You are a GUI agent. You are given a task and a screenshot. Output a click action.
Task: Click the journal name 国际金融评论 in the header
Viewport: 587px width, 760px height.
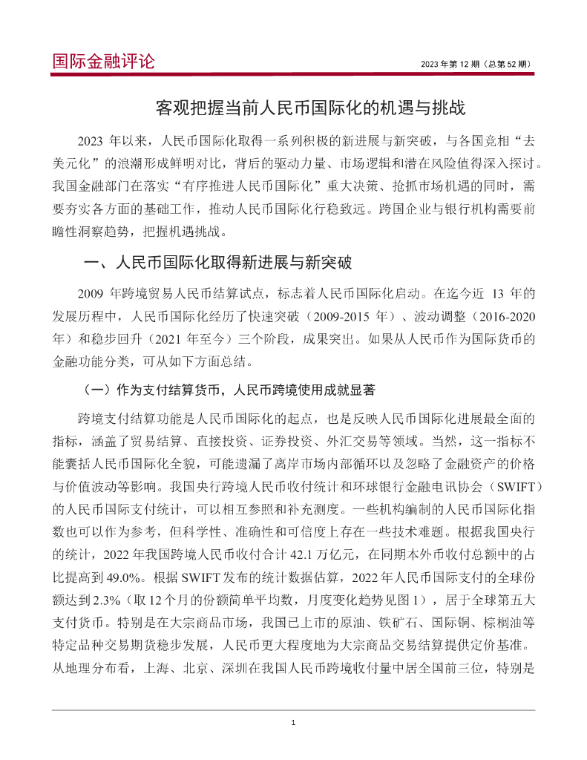point(104,61)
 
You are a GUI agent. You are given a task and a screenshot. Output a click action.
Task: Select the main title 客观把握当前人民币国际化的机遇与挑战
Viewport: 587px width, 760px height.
point(310,108)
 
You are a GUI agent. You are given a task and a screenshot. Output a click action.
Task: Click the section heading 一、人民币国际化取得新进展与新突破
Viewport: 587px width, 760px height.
point(218,263)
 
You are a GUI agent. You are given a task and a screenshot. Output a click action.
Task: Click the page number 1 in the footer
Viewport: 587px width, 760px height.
point(294,723)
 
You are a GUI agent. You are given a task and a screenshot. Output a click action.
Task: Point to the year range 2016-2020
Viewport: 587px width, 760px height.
point(505,317)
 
